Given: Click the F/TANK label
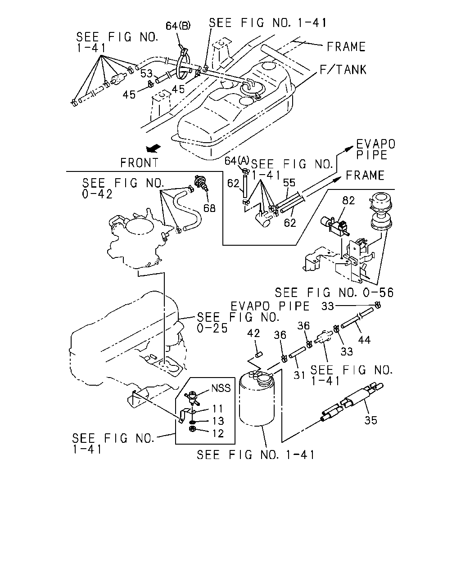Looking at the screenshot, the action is [x=343, y=70].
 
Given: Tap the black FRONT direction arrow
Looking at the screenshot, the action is [x=153, y=148].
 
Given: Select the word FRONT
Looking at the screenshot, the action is [x=139, y=163].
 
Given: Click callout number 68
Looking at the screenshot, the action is [x=209, y=208].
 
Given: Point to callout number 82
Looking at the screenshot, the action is [x=348, y=201].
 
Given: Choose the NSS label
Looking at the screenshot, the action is [x=221, y=388].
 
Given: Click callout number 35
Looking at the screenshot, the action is [x=371, y=420].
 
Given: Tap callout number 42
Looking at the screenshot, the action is [x=253, y=333].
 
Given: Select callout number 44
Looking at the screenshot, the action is [x=364, y=340].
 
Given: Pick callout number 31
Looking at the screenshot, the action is [x=299, y=375].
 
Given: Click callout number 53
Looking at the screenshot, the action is [x=146, y=73].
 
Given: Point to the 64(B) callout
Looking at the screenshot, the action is [x=178, y=26].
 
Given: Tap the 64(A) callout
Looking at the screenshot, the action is [x=237, y=161].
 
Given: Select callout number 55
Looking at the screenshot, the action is [x=289, y=183].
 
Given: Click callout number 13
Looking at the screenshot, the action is [x=218, y=421].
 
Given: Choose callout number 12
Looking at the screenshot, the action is [x=218, y=433].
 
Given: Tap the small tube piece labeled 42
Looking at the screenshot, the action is [x=258, y=355].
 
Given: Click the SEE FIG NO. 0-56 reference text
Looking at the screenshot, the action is [x=334, y=292].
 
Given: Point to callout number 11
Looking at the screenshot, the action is [x=217, y=409].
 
